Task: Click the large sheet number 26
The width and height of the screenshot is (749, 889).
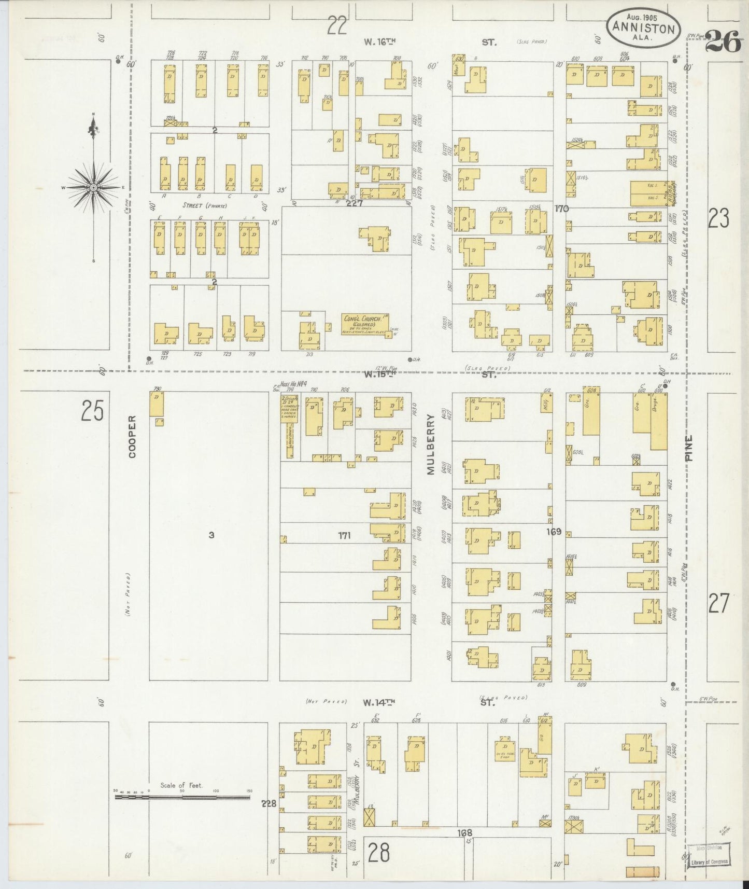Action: tap(723, 41)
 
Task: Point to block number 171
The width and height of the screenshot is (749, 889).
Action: tap(344, 536)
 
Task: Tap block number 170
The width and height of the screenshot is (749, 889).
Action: tap(561, 209)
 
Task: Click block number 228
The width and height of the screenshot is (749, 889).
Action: tap(269, 804)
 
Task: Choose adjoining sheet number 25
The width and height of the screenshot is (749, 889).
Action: tap(92, 412)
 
